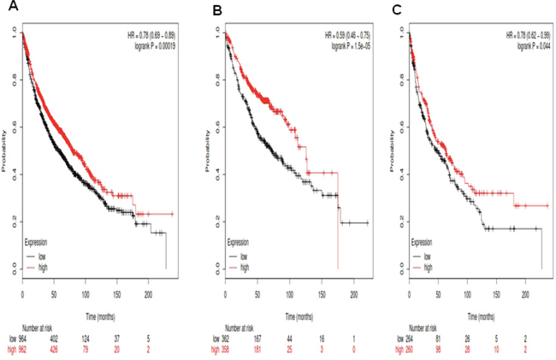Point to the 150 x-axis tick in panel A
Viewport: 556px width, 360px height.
(116, 293)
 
